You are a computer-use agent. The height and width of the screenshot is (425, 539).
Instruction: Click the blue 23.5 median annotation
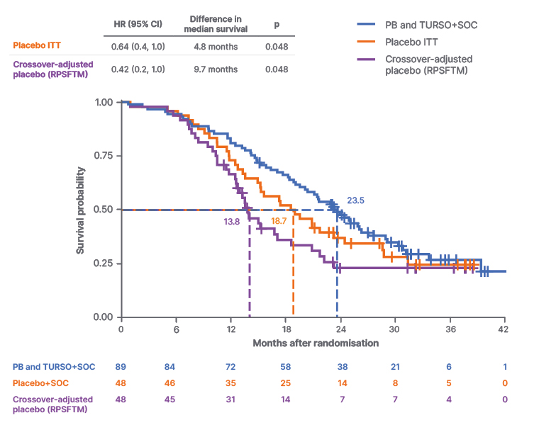355,200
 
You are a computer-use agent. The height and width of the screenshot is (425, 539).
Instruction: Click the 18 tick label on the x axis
285,329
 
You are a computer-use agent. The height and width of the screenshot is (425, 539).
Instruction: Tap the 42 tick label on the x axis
504,329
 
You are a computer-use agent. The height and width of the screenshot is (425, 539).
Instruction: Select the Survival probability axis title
82,210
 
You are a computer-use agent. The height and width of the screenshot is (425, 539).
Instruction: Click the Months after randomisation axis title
316,343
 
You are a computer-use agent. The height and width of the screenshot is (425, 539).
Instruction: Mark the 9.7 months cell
215,69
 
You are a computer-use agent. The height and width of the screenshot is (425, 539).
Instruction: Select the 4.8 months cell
215,47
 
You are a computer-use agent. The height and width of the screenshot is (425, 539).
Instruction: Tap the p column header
277,25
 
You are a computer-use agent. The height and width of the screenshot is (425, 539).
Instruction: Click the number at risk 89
121,366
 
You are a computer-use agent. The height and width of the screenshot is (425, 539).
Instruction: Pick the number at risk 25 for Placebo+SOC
285,383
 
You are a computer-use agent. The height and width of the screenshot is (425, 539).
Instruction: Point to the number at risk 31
230,400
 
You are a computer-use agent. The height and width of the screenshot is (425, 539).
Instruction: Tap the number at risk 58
285,366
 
